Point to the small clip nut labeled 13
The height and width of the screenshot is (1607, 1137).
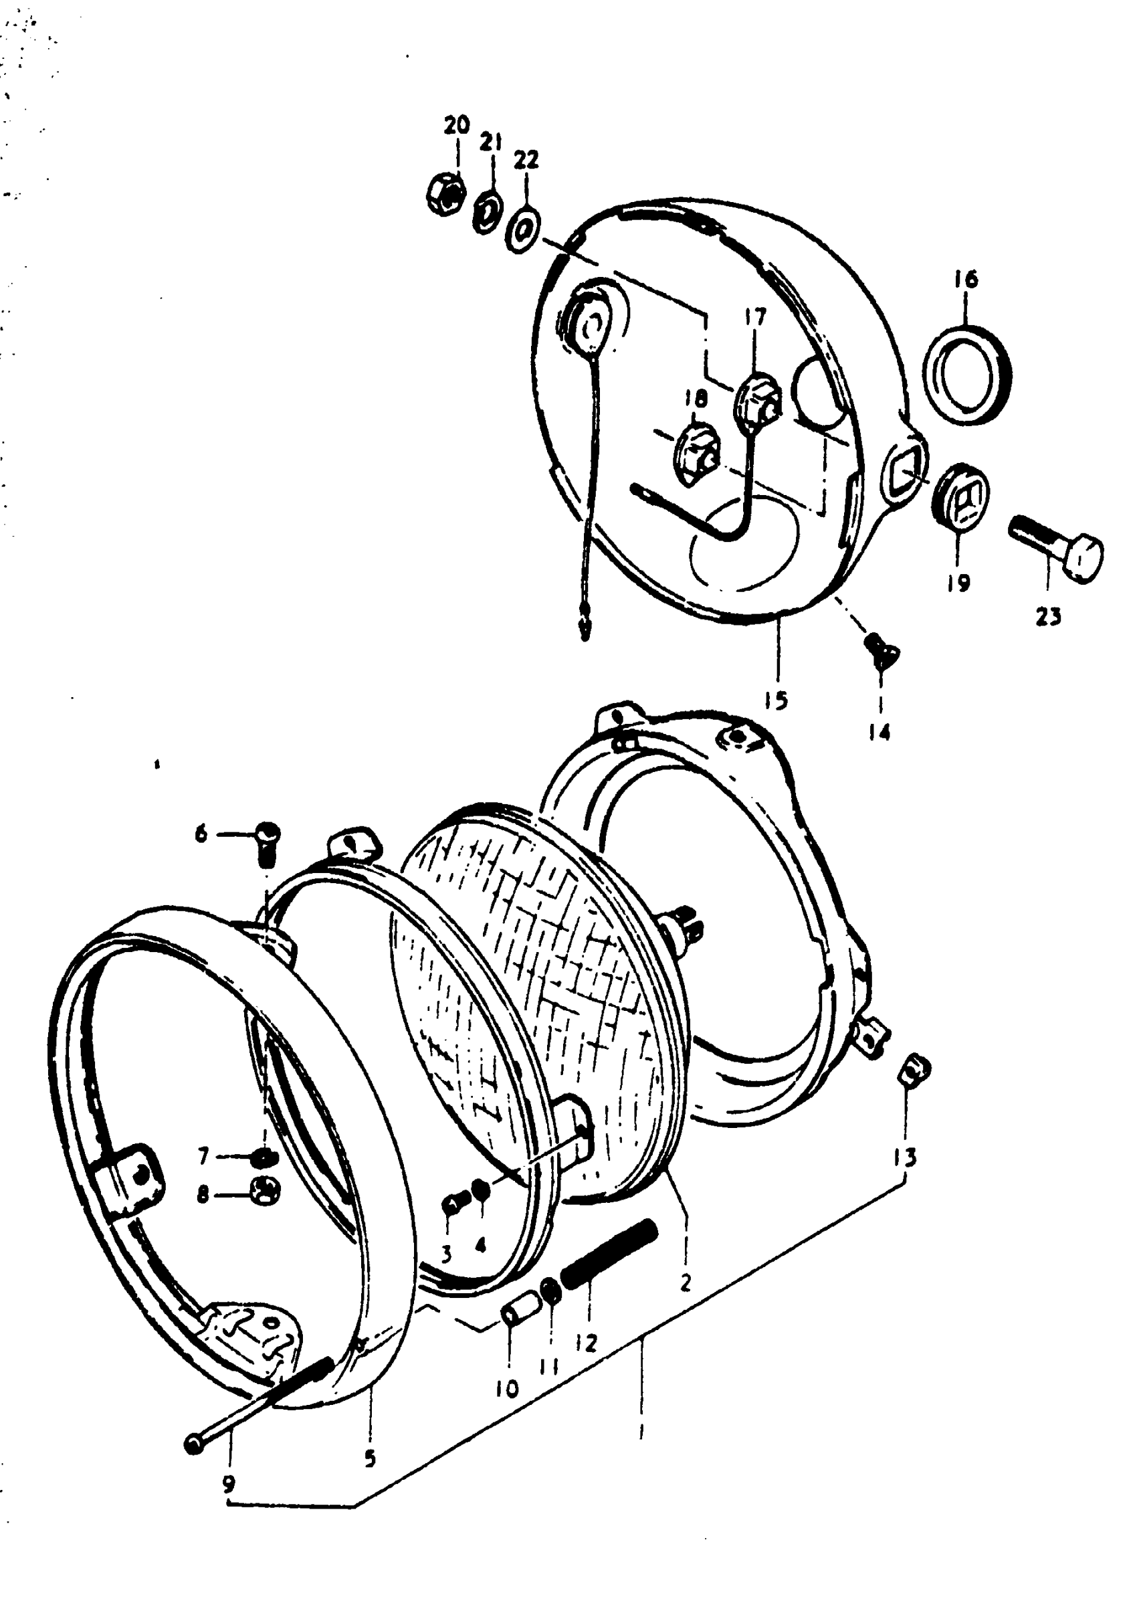tap(915, 1069)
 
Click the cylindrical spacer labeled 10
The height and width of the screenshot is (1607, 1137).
tap(520, 1308)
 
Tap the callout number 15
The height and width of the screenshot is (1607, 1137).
tap(777, 699)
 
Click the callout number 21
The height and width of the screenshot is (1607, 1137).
tap(491, 143)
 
